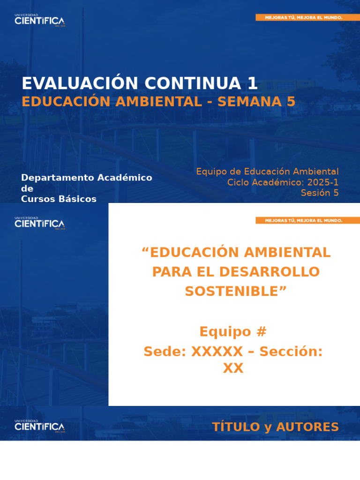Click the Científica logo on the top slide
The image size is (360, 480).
[x=40, y=21]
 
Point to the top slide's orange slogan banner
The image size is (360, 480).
[x=304, y=17]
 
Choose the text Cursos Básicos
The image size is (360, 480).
[x=59, y=199]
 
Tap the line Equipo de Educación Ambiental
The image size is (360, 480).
[x=267, y=172]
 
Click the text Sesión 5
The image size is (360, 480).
[x=320, y=193]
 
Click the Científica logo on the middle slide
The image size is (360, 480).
[x=40, y=223]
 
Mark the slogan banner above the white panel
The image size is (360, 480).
[x=304, y=220]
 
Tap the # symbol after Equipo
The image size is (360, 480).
[x=262, y=332]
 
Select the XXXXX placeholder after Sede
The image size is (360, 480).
[x=217, y=352]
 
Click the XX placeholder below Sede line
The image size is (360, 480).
[x=233, y=369]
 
